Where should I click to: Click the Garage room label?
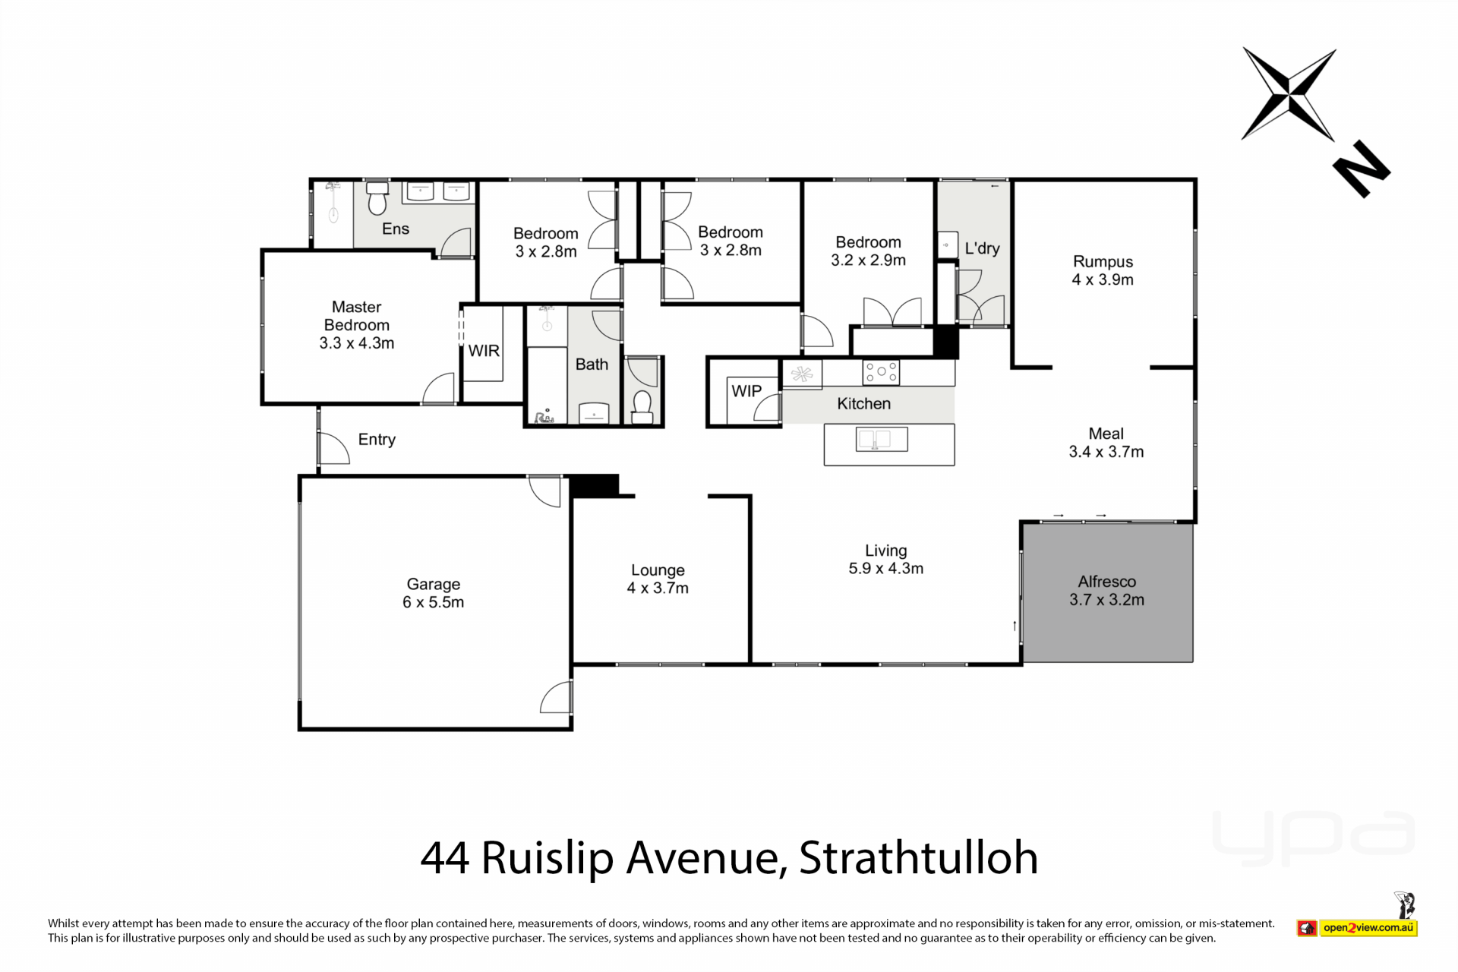433,584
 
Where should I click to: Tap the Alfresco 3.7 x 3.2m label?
1106,591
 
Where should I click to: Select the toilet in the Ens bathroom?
377,199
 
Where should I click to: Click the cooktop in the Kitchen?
881,372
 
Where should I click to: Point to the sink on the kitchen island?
881,439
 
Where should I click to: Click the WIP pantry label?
746,391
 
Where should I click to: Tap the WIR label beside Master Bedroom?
484,351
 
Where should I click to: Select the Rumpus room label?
1103,261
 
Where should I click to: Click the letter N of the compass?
1362,169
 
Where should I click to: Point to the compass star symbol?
1289,95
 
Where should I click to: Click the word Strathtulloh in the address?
918,858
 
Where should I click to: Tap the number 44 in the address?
444,858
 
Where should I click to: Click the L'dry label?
982,248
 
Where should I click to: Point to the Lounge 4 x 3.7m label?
658,579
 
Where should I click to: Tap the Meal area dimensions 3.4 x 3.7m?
1106,452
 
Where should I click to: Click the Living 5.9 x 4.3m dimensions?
886,569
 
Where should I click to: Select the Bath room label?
592,364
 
